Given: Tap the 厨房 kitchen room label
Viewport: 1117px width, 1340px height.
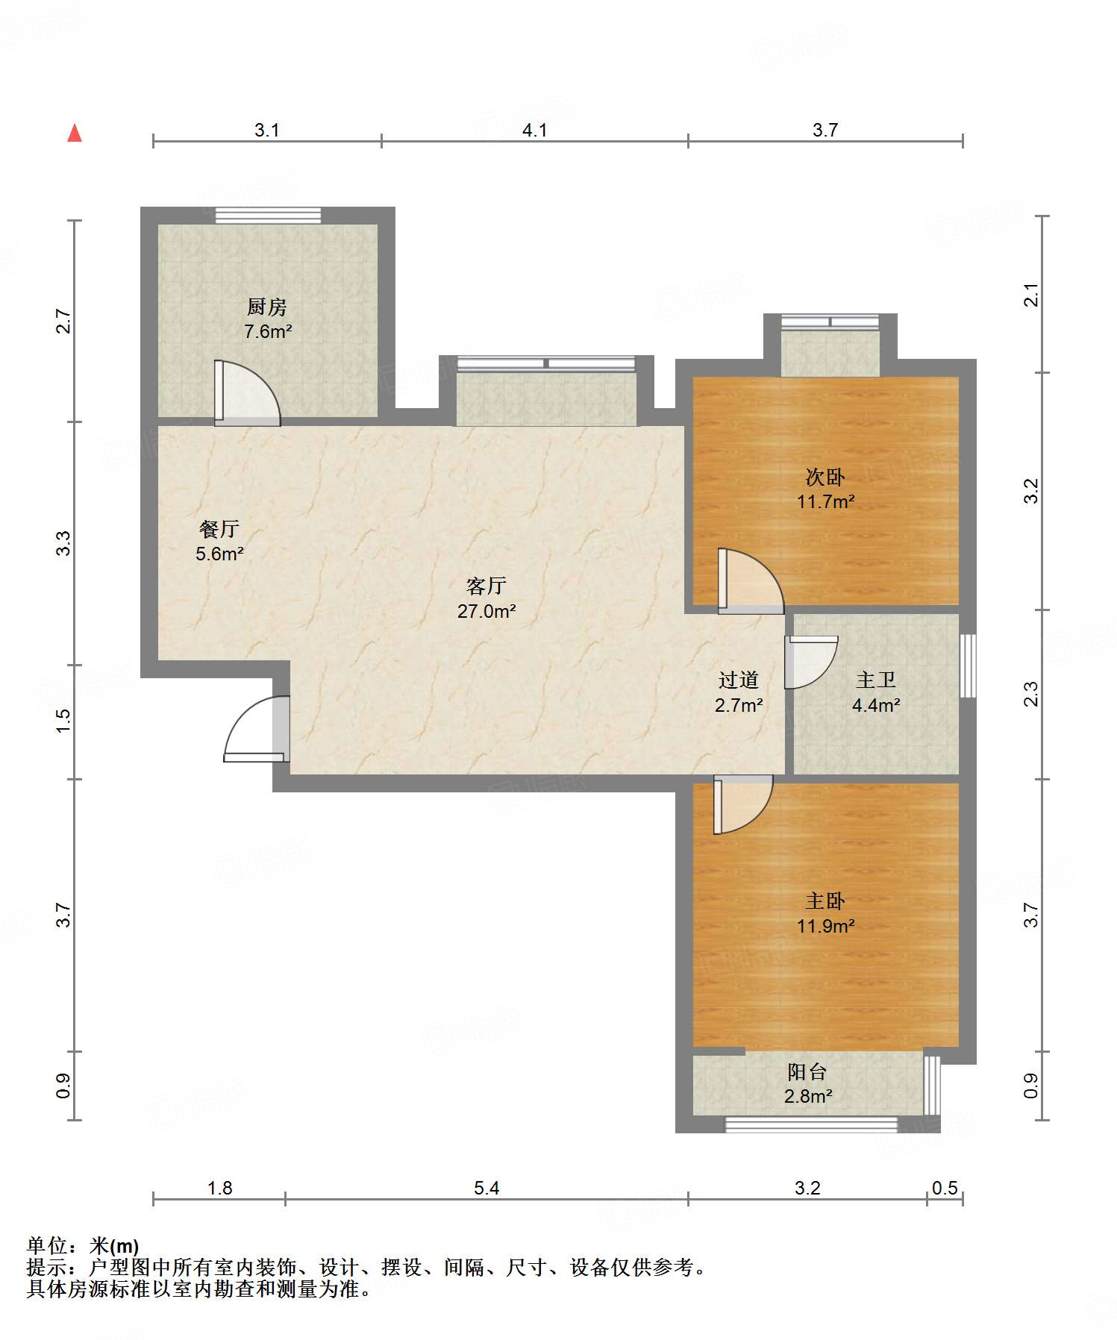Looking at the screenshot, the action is click(x=266, y=307).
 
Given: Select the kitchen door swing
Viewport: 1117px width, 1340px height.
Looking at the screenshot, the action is click(x=248, y=393).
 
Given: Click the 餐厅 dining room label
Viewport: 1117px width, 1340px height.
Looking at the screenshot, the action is click(x=219, y=529).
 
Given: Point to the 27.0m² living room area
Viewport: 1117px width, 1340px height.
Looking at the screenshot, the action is click(x=486, y=611).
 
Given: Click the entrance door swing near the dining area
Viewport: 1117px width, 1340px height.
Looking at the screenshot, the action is click(x=257, y=729).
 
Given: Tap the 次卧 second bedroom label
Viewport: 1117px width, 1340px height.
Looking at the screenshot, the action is click(x=825, y=477).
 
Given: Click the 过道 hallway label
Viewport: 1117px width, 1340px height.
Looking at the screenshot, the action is click(x=738, y=680).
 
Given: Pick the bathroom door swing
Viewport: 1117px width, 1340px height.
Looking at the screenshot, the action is click(x=812, y=663).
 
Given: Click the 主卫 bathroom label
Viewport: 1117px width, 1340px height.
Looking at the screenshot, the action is click(x=876, y=680).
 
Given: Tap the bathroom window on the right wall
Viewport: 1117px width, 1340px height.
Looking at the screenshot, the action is click(x=968, y=666).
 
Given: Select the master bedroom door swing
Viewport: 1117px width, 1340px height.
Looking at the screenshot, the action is click(x=743, y=804).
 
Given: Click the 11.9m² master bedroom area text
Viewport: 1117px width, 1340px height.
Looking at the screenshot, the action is click(x=825, y=926).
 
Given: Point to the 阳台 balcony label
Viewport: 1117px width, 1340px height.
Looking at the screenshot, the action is click(x=807, y=1072).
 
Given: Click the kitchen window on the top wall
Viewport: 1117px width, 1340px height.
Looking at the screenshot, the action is click(x=269, y=215).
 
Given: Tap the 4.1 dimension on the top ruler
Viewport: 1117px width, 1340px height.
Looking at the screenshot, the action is click(x=534, y=131).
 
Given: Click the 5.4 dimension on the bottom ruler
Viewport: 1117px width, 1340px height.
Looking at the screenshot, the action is click(x=486, y=1188).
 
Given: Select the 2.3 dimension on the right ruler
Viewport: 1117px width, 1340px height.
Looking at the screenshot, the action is click(x=1030, y=695).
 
